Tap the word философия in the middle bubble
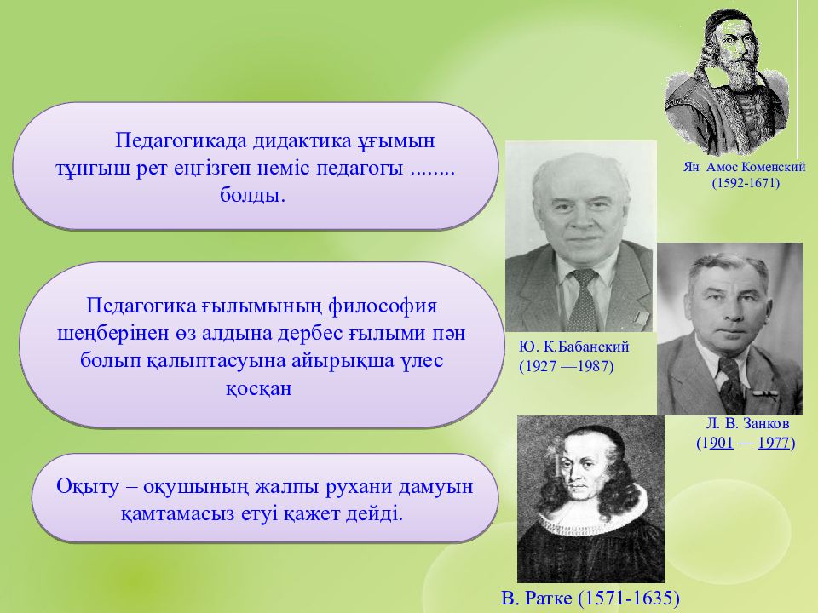[383, 306]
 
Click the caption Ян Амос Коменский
[745, 168]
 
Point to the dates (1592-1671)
[746, 183]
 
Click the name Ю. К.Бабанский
[573, 347]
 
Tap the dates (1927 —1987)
[566, 366]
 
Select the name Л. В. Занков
[747, 423]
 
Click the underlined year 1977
[773, 443]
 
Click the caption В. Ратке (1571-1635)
[590, 598]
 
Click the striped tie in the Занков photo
[731, 386]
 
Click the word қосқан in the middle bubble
[258, 389]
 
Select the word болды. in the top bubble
[252, 196]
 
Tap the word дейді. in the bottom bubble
[374, 514]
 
